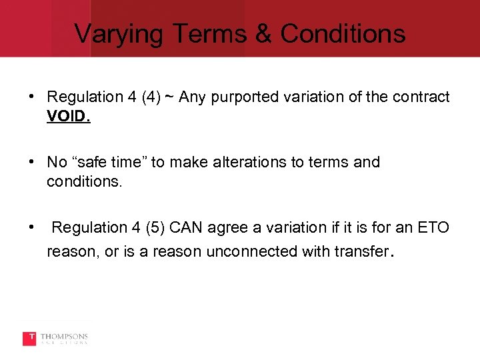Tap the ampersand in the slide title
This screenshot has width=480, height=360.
(x=265, y=33)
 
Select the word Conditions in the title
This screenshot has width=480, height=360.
(x=343, y=33)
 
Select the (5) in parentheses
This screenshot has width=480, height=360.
(x=153, y=228)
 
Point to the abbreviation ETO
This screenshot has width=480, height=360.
(x=435, y=228)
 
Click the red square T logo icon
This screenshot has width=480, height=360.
(x=29, y=339)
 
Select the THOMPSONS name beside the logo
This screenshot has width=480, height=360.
(x=64, y=337)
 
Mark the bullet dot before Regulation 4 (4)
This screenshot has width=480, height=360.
(x=32, y=97)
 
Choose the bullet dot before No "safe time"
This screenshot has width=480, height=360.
(x=32, y=161)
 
